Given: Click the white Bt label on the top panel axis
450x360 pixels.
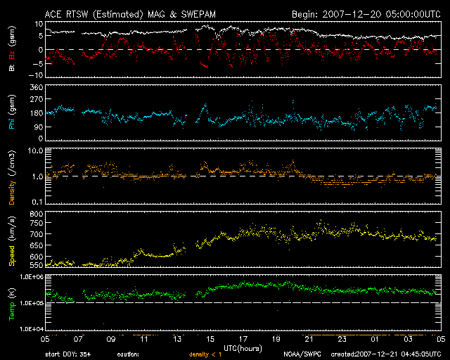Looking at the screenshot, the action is (12, 67).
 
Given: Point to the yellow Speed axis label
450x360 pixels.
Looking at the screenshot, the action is (12, 255).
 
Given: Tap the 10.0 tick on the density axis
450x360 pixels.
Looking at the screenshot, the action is (35, 150).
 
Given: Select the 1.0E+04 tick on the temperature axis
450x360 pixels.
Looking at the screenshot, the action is (31, 328).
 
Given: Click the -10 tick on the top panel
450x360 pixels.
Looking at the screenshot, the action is (36, 75).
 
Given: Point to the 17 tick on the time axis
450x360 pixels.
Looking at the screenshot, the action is (243, 339).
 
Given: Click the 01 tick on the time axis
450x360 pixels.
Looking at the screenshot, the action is (375, 339).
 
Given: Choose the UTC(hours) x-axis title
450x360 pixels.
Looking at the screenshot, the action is (243, 349).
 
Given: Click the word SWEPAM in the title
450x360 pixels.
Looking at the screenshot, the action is (198, 14).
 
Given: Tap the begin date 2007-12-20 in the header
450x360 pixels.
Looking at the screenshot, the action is (352, 14).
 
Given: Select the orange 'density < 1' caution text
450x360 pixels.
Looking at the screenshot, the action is (205, 354).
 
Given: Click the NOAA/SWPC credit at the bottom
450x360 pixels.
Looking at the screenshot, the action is (302, 354).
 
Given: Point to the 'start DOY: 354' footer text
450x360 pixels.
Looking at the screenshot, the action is (68, 354).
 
